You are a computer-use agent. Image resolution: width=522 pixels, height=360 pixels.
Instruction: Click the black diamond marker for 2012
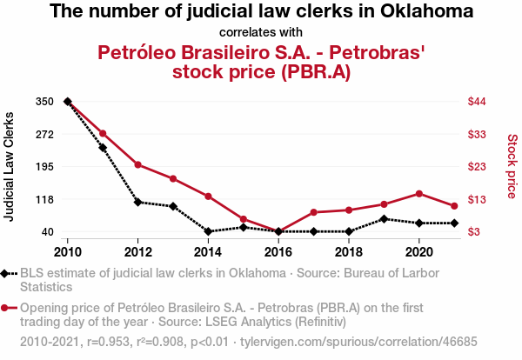tap(137, 202)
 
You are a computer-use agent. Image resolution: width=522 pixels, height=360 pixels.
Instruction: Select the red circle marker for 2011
tap(103, 133)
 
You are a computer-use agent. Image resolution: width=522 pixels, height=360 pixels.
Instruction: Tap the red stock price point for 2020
tap(419, 193)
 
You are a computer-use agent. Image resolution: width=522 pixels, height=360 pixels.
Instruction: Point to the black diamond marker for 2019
tap(384, 218)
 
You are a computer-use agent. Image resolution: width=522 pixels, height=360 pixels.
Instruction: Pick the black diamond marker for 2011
tap(103, 148)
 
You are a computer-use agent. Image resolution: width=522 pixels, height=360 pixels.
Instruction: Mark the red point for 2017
tap(313, 212)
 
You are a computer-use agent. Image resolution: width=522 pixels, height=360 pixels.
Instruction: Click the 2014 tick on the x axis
tap(208, 251)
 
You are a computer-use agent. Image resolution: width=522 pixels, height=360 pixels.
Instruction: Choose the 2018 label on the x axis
tap(349, 251)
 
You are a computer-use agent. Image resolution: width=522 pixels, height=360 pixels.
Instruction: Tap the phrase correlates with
tap(261, 32)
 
